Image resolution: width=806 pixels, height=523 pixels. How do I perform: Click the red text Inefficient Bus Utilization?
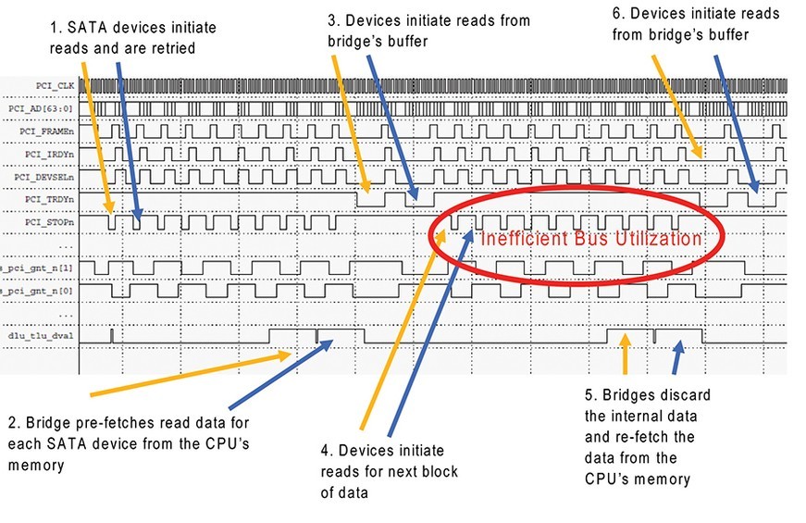tap(591, 239)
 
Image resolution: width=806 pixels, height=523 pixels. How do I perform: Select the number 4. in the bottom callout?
tap(326, 450)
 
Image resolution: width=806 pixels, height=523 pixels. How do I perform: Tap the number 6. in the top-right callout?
tap(621, 14)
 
